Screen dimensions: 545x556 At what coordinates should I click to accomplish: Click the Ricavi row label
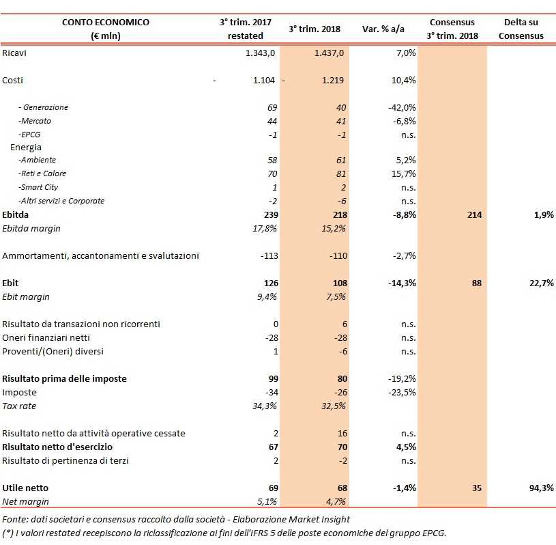[15, 53]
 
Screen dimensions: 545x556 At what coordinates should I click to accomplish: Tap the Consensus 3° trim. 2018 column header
[453, 29]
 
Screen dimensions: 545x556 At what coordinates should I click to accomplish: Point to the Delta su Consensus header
[521, 29]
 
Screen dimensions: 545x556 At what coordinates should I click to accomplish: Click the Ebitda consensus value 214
[473, 215]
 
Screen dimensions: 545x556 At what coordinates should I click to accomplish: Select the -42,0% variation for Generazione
[402, 107]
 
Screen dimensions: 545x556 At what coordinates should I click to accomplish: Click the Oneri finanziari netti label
[46, 337]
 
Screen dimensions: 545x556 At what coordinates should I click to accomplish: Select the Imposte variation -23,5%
[402, 393]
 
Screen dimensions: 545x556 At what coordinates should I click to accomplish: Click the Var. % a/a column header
[383, 29]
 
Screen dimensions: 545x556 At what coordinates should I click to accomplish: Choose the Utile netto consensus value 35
[476, 488]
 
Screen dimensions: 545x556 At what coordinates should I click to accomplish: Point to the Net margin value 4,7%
[336, 501]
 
